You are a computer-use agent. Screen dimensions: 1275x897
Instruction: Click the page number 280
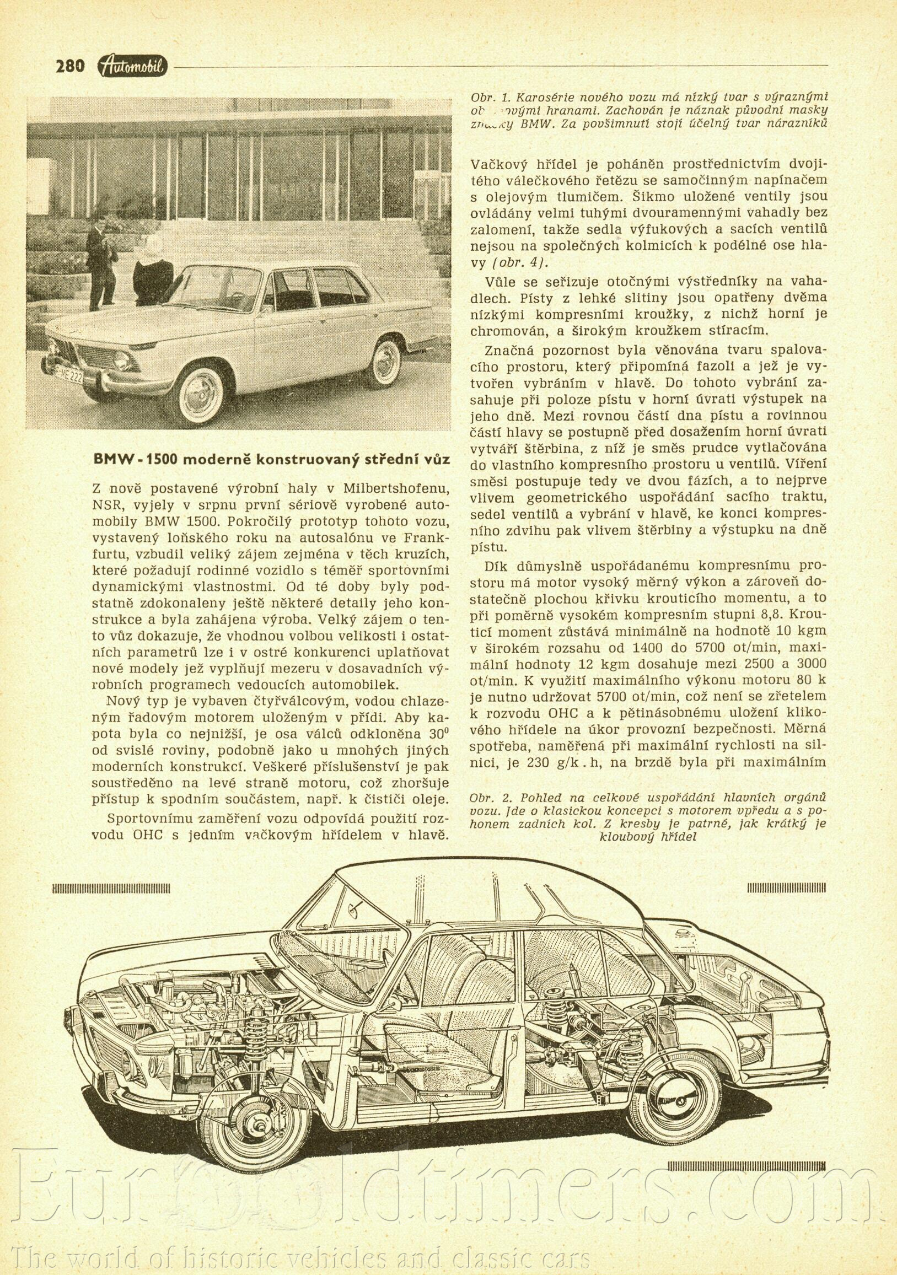(x=69, y=66)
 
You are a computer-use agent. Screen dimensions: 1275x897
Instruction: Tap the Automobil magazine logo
(x=133, y=66)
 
